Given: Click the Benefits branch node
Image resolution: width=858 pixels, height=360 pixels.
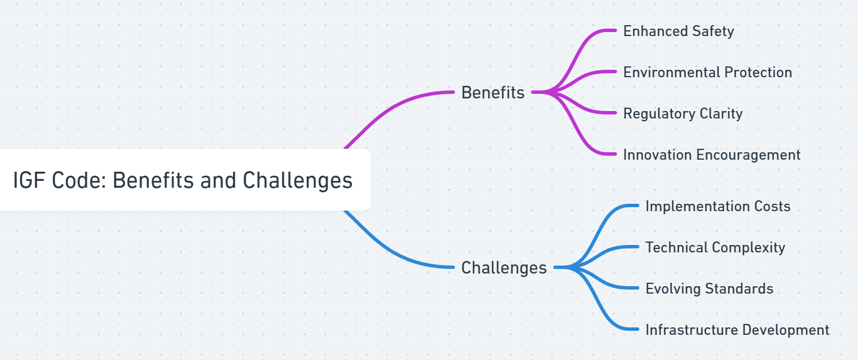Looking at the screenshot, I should tap(493, 92).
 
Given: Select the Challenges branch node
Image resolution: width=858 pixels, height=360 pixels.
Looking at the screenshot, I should tap(504, 267).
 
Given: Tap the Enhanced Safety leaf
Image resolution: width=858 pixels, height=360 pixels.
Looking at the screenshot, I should tap(678, 31).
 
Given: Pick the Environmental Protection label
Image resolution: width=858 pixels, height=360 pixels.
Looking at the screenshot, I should tap(707, 72).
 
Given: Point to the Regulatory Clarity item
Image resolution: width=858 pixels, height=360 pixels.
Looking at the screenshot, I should tap(683, 113).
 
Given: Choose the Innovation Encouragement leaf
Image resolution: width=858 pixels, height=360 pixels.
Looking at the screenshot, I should tap(711, 155).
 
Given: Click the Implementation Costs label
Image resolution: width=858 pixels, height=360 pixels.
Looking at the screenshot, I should tap(718, 206).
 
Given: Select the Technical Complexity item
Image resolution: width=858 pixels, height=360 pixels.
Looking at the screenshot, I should tap(715, 247).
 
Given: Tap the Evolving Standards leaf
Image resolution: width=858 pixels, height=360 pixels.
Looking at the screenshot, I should tap(709, 288).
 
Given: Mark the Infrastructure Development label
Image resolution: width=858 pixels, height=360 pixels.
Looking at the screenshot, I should tap(737, 330).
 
